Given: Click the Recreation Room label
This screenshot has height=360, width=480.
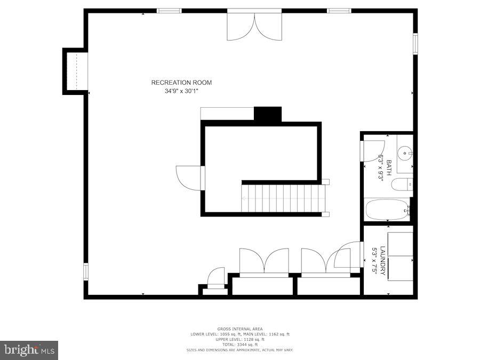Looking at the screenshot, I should (181, 83).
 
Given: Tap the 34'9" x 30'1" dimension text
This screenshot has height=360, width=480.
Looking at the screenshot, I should (181, 91).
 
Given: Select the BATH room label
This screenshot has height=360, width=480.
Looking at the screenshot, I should (389, 168).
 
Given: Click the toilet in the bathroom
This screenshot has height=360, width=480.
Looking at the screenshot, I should (402, 185).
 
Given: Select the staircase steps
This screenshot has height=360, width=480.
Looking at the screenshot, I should (283, 198).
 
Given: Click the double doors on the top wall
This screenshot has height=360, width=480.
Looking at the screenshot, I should (254, 26).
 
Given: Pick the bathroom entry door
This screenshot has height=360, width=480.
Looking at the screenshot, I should (373, 150).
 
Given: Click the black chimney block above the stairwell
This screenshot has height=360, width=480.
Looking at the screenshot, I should (267, 114).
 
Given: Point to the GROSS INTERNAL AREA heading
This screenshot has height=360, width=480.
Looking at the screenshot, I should (239, 329).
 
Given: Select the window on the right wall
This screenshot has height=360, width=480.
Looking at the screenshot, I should (415, 44).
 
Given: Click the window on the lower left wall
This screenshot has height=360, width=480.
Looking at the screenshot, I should (85, 271).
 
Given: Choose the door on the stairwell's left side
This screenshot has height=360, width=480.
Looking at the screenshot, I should (189, 178).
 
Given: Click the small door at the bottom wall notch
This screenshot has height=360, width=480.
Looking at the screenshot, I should (216, 277).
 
